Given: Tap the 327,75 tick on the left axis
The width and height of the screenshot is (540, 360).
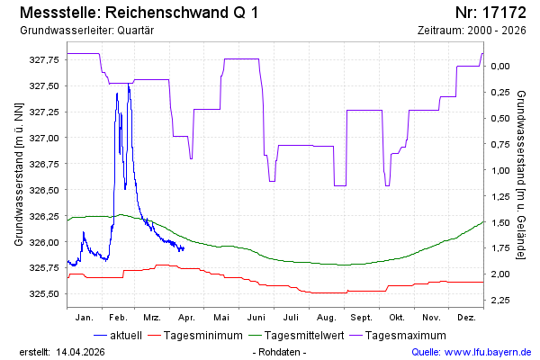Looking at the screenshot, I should (x=43, y=59).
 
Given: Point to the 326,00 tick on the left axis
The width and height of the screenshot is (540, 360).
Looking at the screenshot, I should (x=43, y=242).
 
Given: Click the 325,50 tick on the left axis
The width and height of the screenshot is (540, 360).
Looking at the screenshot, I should (x=43, y=294).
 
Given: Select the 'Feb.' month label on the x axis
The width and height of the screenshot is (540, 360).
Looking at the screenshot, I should (x=119, y=318).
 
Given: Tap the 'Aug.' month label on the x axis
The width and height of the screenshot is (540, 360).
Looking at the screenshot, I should (x=327, y=318).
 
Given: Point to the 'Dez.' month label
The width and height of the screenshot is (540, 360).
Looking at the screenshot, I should (x=466, y=318).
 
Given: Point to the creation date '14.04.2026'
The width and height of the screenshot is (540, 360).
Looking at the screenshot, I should (x=84, y=351).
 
